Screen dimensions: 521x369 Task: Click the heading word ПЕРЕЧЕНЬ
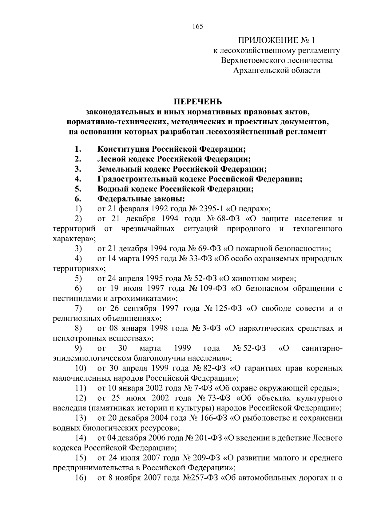tap(198, 101)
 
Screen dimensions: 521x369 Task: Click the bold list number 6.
tap(77, 199)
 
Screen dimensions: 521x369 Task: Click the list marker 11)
tap(81, 388)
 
